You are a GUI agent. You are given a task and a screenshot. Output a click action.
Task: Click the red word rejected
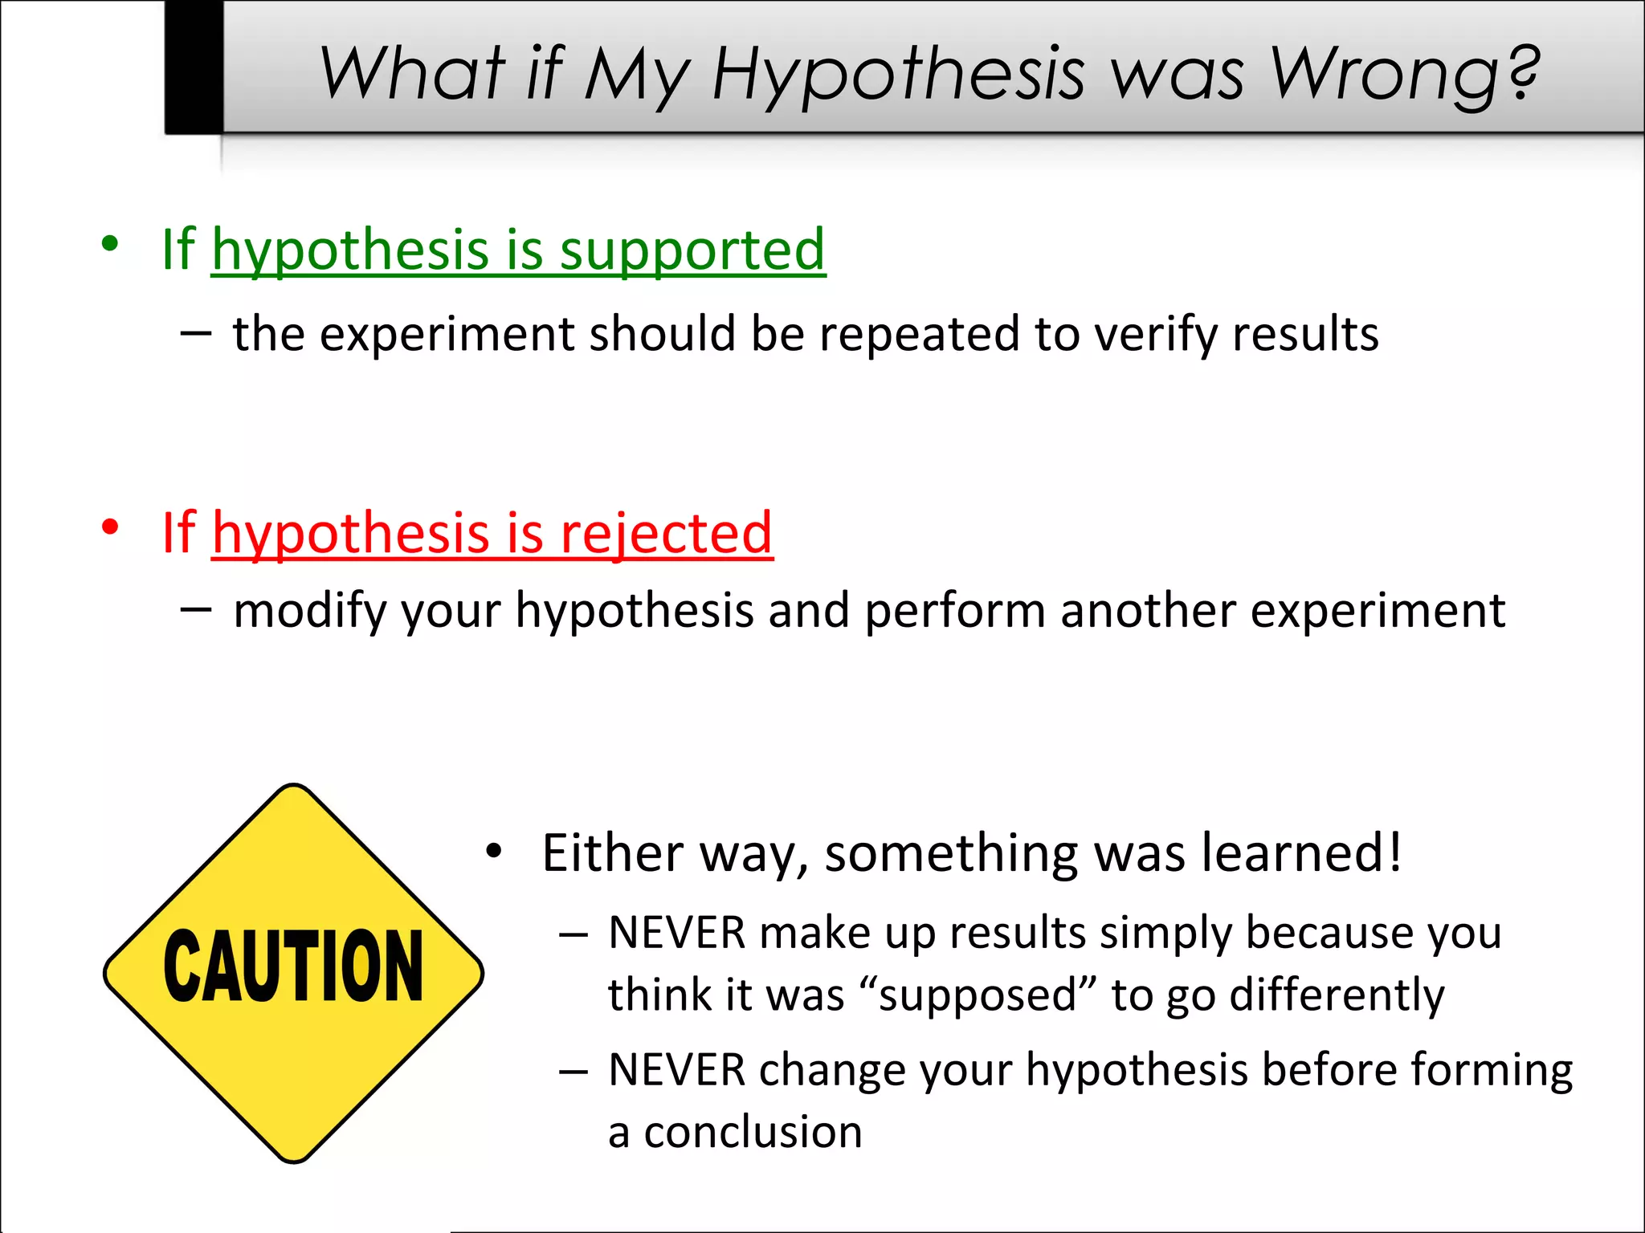pos(666,533)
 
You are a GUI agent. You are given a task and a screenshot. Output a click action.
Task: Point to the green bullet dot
pos(110,242)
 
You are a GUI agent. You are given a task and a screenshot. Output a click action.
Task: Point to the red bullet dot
pos(110,527)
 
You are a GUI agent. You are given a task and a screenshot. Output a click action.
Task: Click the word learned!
pos(1301,853)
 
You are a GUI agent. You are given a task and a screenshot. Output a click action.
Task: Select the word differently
pos(1337,995)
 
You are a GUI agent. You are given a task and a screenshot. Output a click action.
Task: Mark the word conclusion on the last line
pos(753,1133)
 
